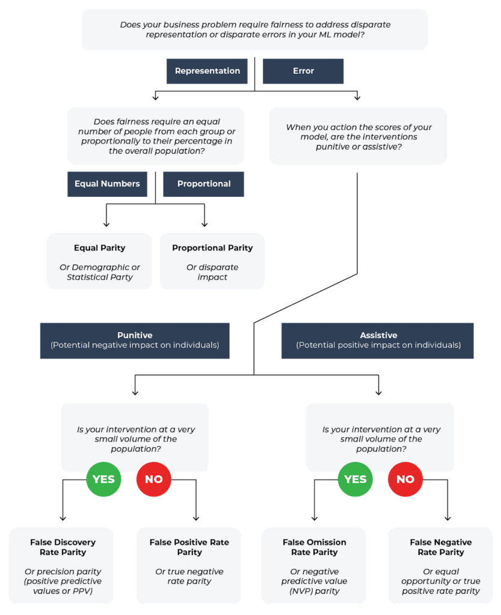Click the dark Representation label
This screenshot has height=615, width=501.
coord(207,71)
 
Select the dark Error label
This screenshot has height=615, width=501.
coord(303,71)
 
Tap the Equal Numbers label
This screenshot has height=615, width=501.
coord(107,184)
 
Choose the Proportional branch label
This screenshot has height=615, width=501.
coord(203,184)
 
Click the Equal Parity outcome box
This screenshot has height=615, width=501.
coord(99,261)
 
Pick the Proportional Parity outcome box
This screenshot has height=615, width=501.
coord(212,261)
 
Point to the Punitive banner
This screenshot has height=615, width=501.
coord(135,341)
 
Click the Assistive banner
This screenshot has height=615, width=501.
coord(378,341)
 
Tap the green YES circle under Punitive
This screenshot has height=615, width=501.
coord(103,479)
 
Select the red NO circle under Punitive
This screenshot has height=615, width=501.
coord(154,479)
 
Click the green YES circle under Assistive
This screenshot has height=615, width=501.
coord(355,479)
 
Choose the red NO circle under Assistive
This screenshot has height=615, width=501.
coord(405,479)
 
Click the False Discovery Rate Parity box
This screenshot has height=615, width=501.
coord(62,565)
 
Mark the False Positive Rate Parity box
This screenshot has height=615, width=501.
coord(189,565)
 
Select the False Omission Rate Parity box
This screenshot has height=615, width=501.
coord(314,565)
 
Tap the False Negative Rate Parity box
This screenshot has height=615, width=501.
coord(440,565)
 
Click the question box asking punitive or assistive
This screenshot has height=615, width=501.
coord(358,136)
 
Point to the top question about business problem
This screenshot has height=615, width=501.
coord(254,29)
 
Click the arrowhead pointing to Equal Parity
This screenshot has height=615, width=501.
coord(106,223)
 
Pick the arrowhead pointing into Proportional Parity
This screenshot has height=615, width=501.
coord(205,223)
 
